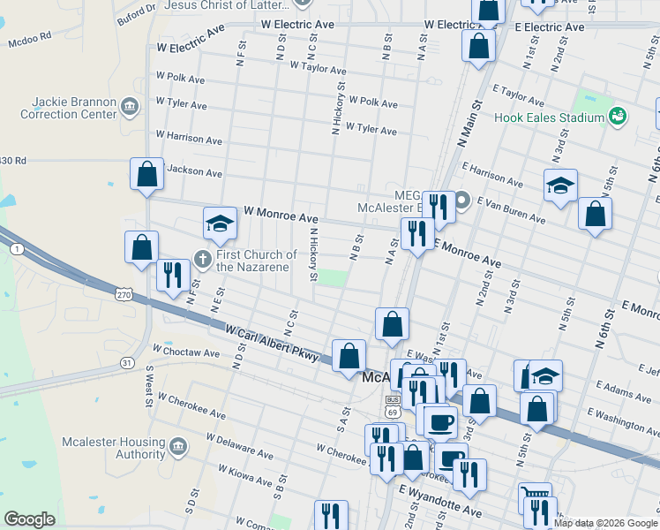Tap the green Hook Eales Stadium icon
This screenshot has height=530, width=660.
pos(618,117)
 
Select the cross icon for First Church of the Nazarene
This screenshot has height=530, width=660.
pos(202,261)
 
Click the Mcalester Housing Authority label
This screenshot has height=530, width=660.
pos(113,448)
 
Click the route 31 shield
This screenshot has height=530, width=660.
pos(128,363)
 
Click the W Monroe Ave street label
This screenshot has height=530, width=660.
pos(281,215)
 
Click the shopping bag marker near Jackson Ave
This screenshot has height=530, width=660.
pos(146,174)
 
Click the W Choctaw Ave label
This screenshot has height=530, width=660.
pos(185,352)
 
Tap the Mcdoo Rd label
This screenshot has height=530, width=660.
pos(30,40)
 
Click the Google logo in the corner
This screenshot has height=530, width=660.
pos(30,519)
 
